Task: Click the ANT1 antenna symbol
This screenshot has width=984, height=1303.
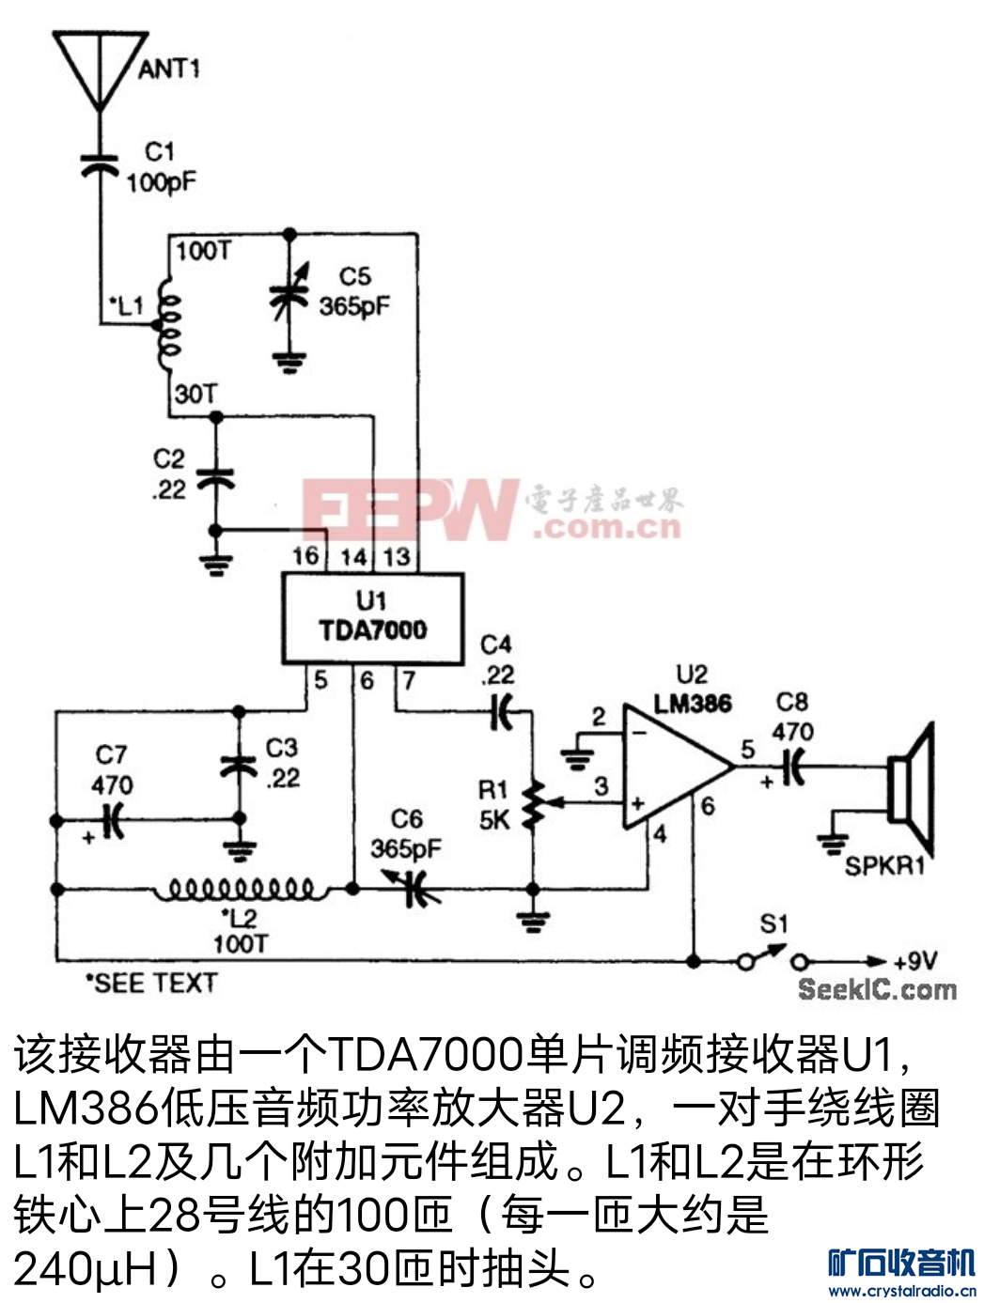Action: coord(101,71)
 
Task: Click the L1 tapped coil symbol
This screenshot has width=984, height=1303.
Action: coord(168,325)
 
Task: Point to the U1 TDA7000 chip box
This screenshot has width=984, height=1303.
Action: coord(372,618)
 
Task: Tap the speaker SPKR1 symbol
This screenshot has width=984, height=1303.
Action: coord(910,790)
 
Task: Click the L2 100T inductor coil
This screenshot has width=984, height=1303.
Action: coord(241,889)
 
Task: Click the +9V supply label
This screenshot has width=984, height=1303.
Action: coord(915,960)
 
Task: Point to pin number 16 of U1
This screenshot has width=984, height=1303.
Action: coord(305,556)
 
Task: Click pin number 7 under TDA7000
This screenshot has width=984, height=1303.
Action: coord(409,680)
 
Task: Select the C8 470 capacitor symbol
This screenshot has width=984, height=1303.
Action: coord(794,767)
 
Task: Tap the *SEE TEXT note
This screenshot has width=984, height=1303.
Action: coord(151,984)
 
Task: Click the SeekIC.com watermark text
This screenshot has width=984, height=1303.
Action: coord(877,990)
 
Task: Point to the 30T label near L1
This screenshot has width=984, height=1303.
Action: coord(196,395)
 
